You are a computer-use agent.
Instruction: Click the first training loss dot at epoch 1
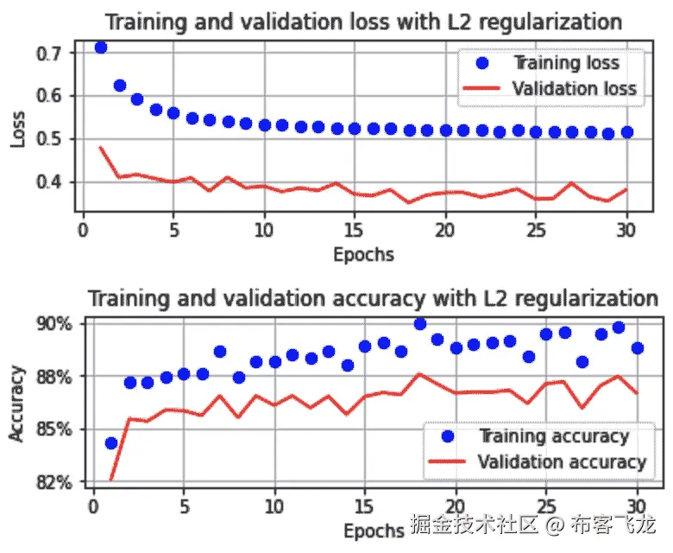[x=101, y=47]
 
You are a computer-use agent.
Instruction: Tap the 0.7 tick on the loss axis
[x=50, y=54]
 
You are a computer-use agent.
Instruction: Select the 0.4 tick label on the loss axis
[x=50, y=182]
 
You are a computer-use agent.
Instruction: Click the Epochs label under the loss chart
[x=363, y=254]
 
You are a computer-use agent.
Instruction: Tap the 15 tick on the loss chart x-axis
[x=354, y=231]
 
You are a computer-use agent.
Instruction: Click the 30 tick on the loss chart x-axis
[x=626, y=231]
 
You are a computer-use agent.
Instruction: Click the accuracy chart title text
[x=374, y=299]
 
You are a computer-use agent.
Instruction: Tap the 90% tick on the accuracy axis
[x=53, y=323]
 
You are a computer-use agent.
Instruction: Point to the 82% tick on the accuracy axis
[x=53, y=482]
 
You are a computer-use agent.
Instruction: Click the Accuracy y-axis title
[x=17, y=402]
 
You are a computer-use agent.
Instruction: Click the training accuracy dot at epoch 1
[x=111, y=443]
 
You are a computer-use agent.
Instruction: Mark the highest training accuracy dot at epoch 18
[x=420, y=324]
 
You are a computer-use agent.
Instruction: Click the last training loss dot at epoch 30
[x=626, y=131]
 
